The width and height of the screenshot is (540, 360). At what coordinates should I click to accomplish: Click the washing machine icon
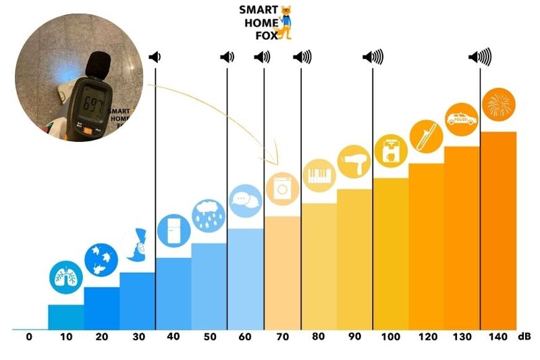(281, 188)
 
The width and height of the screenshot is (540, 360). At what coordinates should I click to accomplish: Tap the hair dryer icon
(354, 161)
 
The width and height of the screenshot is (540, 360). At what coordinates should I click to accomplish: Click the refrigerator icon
(173, 230)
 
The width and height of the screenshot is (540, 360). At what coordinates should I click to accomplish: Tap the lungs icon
(65, 276)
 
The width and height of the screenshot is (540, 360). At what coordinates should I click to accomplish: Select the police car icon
(462, 119)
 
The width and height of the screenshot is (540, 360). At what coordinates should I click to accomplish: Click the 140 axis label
(497, 336)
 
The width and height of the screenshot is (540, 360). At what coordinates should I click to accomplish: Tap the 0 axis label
(29, 336)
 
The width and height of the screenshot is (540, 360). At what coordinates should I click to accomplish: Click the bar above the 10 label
(65, 317)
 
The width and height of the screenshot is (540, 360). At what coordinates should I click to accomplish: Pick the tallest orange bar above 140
(498, 230)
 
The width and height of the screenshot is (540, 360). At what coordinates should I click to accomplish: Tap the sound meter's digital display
(90, 104)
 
